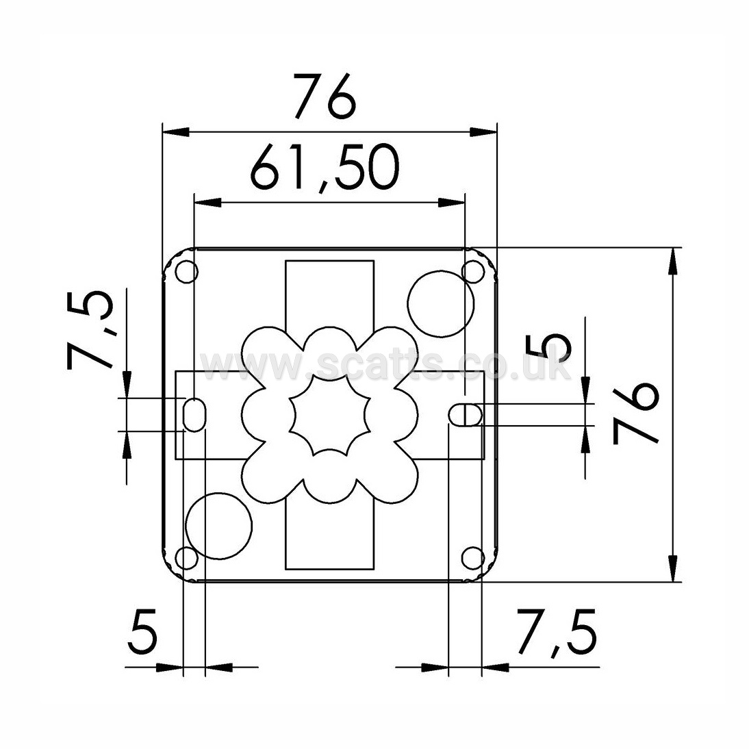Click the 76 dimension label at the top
click(x=325, y=96)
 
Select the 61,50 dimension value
click(x=325, y=167)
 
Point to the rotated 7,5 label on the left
click(x=91, y=329)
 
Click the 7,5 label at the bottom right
click(x=556, y=633)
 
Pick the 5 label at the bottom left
click(x=142, y=631)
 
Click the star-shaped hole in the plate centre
click(x=330, y=414)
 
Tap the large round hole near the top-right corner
click(x=441, y=304)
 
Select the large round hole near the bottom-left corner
click(x=219, y=525)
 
